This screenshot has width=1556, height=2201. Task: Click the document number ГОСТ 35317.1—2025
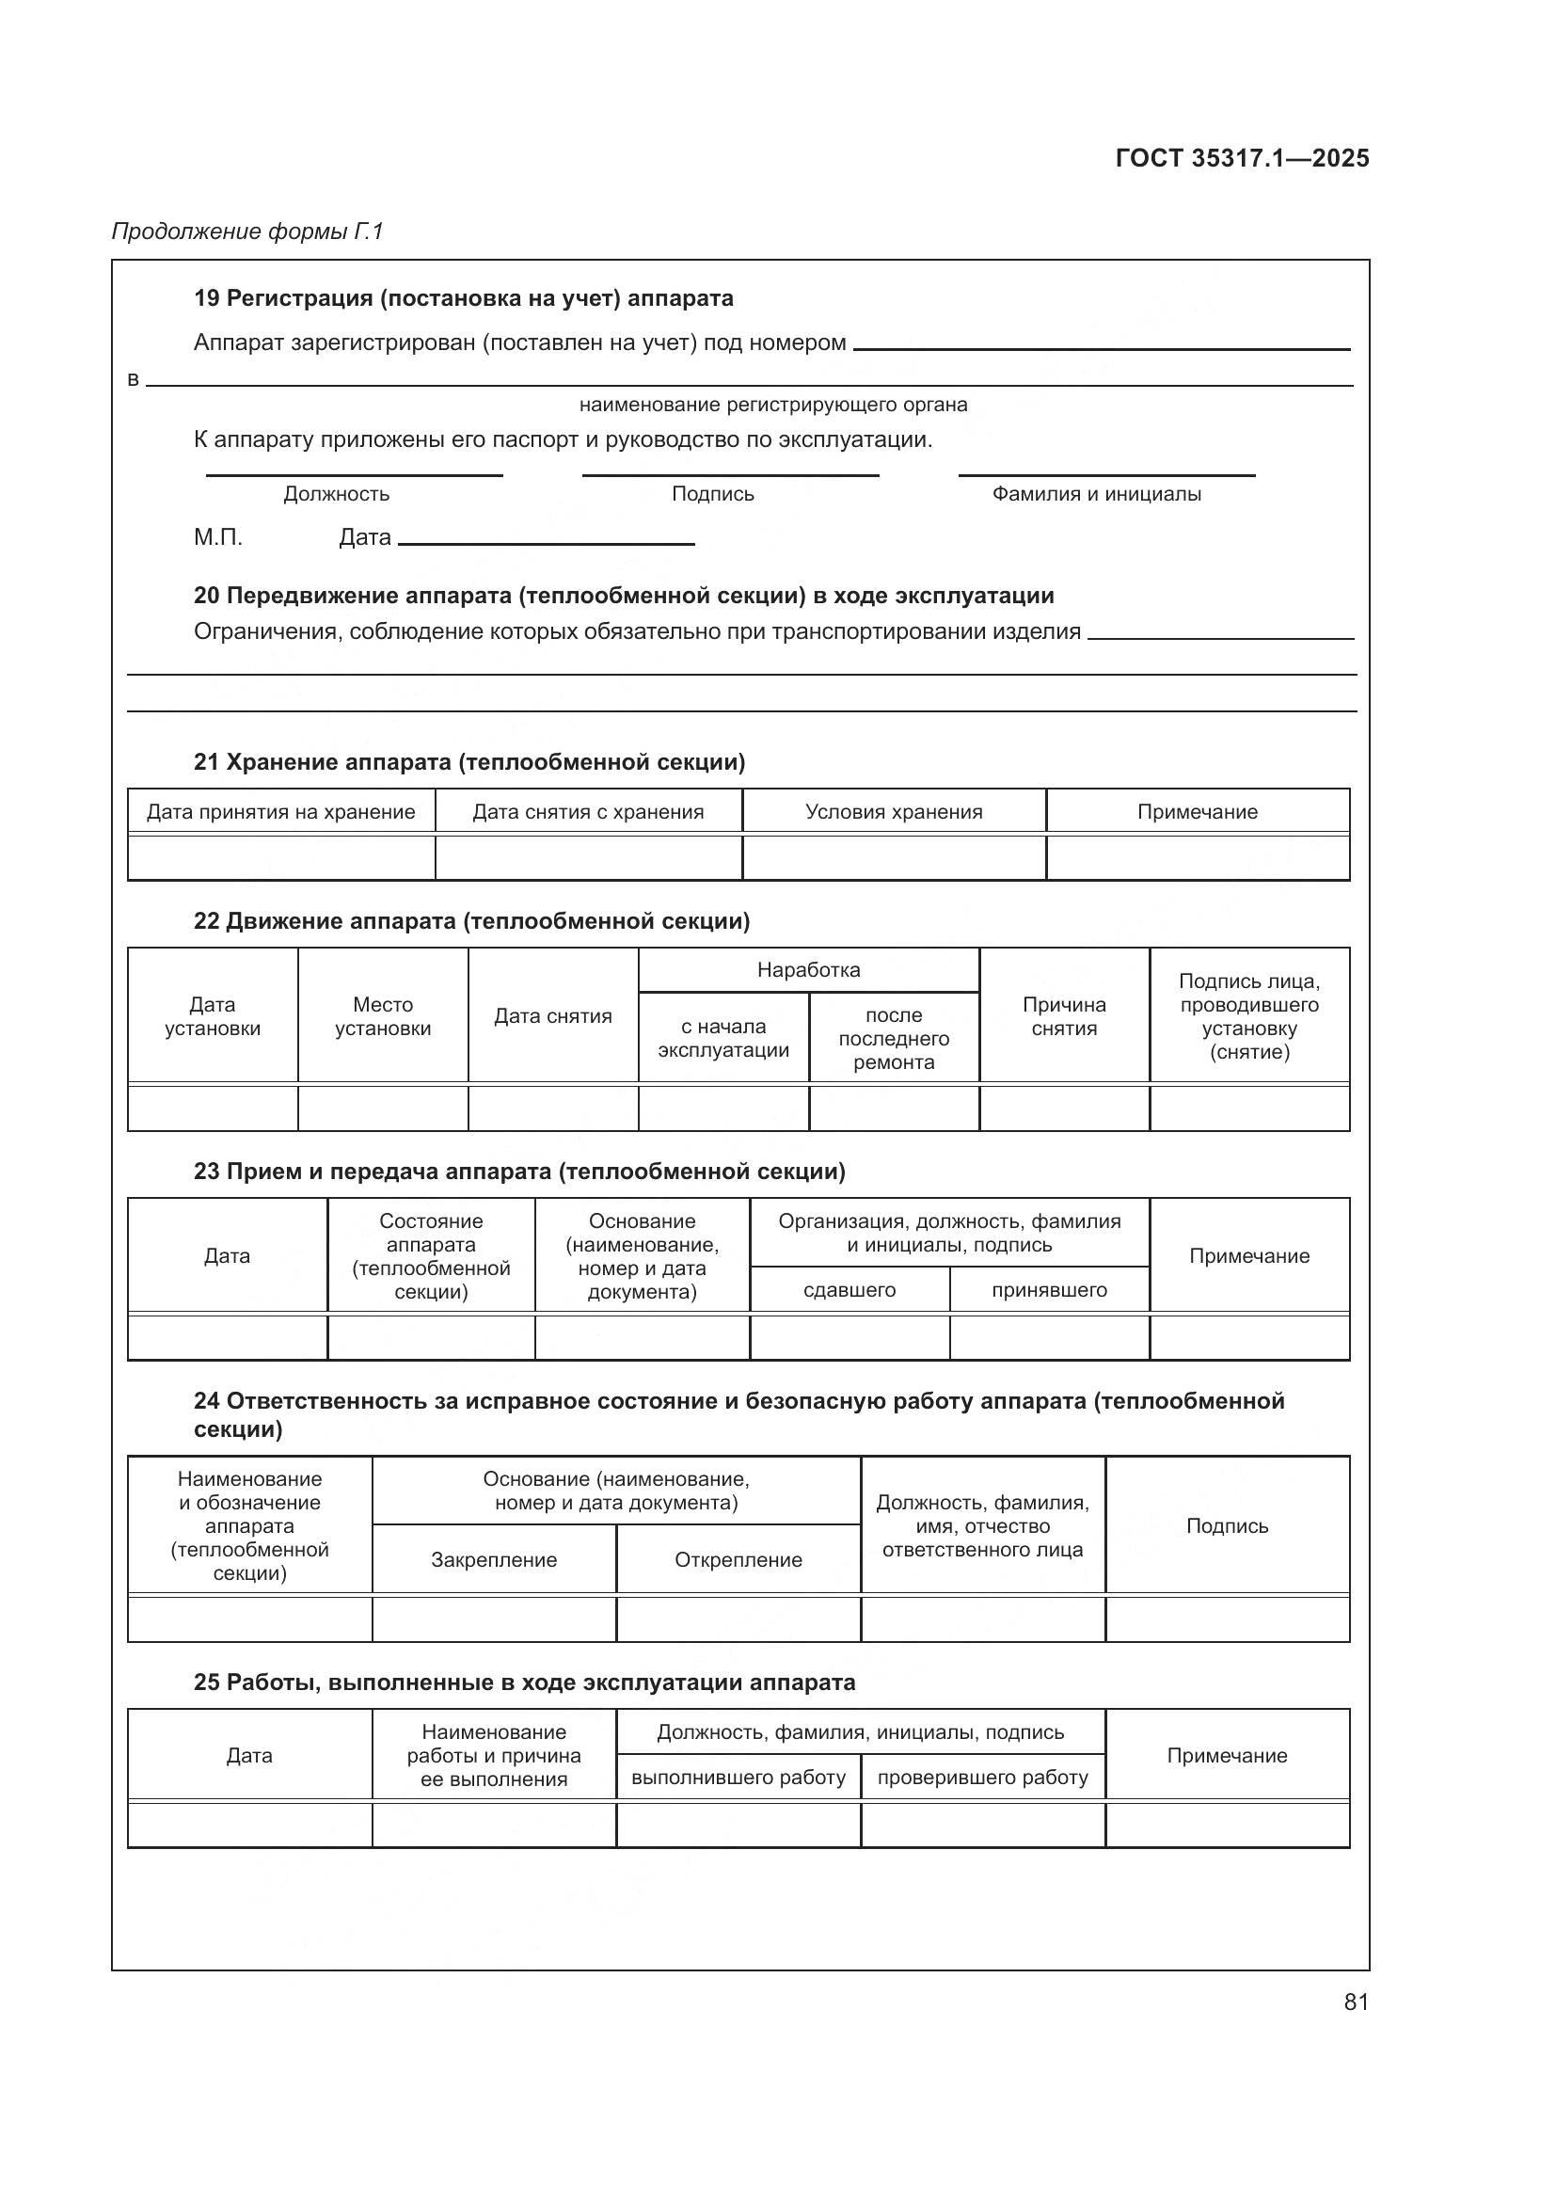click(x=1242, y=158)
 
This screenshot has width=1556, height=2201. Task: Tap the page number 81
click(x=1356, y=2002)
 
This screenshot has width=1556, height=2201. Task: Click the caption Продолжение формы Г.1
click(x=247, y=231)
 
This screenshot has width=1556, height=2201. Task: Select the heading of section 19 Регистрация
click(x=463, y=298)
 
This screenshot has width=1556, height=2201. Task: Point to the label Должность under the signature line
click(x=336, y=494)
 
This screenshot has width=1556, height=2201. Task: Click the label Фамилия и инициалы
click(x=1096, y=494)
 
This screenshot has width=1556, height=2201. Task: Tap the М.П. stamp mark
click(x=217, y=536)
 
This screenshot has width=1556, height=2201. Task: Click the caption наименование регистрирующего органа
click(x=773, y=405)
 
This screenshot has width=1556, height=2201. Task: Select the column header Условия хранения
click(x=893, y=812)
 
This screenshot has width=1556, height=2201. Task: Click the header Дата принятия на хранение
click(x=280, y=812)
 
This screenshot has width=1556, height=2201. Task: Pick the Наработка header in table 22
click(x=809, y=969)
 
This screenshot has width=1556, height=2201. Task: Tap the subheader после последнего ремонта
click(x=893, y=1038)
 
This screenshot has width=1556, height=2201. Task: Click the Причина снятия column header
click(x=1064, y=1016)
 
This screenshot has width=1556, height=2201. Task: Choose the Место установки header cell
click(x=382, y=1016)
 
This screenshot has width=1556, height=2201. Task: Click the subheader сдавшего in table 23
click(x=849, y=1289)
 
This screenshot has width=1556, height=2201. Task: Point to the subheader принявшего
click(x=1049, y=1289)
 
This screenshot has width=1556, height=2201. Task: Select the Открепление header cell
click(x=738, y=1559)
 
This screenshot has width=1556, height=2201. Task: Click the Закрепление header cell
click(x=494, y=1559)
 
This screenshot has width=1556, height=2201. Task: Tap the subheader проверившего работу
click(x=982, y=1778)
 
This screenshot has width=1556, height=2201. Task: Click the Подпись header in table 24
click(x=1227, y=1526)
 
